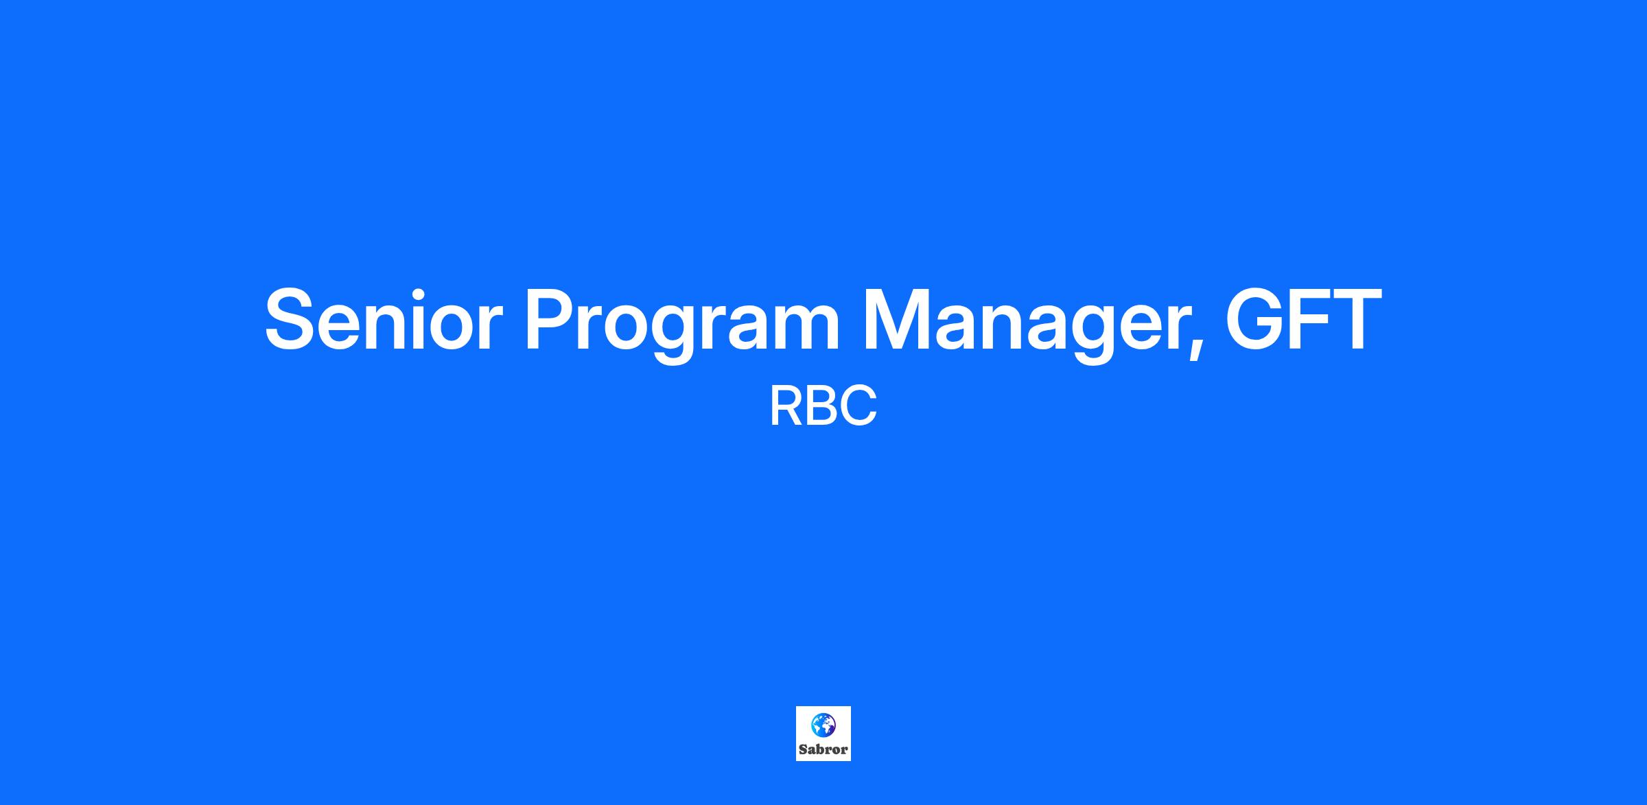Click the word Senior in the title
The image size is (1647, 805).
pyautogui.click(x=384, y=319)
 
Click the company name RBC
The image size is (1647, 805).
pyautogui.click(x=823, y=406)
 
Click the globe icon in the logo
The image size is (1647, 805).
pyautogui.click(x=823, y=725)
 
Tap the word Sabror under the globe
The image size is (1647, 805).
pyautogui.click(x=823, y=749)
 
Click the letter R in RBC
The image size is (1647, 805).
pyautogui.click(x=786, y=406)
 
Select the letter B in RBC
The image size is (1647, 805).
pyautogui.click(x=821, y=406)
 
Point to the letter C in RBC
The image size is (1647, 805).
pyautogui.click(x=859, y=406)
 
